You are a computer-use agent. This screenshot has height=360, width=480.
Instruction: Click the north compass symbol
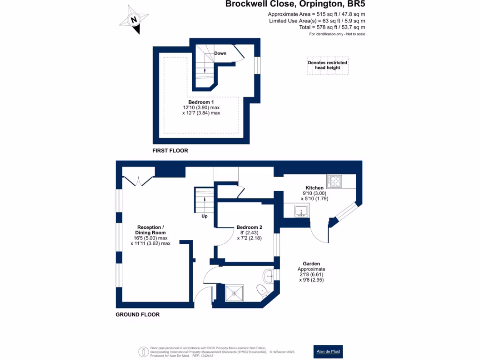(135, 20)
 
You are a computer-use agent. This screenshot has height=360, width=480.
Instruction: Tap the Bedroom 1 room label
(201, 102)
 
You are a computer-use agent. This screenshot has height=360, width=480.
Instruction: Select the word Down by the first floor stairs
(220, 53)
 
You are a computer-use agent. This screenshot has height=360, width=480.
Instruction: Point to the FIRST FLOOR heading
(170, 151)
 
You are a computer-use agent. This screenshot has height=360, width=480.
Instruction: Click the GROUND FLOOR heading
(137, 315)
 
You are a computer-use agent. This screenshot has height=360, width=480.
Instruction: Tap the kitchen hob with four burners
(334, 181)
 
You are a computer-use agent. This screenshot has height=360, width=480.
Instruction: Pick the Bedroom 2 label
(249, 227)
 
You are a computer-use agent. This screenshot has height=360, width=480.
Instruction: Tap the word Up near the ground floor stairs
(204, 217)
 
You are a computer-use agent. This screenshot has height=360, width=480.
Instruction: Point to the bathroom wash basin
(269, 276)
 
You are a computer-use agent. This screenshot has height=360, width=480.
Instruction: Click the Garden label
(311, 264)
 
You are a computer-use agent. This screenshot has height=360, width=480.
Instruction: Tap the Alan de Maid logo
(328, 351)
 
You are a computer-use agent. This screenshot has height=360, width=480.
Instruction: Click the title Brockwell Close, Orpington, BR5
(294, 5)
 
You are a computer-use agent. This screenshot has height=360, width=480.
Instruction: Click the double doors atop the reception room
(137, 181)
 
